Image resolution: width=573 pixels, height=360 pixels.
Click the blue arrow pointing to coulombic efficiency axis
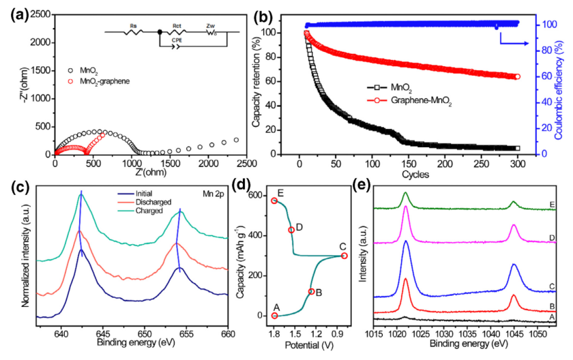515,42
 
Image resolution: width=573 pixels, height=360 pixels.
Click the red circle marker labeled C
344,256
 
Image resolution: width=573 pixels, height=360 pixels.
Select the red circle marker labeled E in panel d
274,200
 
